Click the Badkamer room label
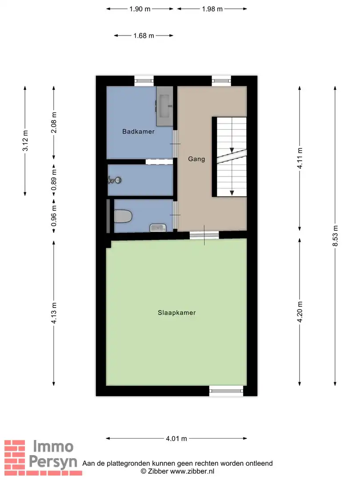pos(139,132)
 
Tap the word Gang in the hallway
pos(196,159)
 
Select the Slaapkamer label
pos(176,313)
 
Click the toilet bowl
pos(124,216)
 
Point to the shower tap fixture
pos(114,180)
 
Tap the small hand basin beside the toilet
pos(158,228)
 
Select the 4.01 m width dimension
pos(176,439)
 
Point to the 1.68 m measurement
pos(144,36)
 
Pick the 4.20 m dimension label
pos(300,313)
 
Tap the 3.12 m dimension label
pos(25,140)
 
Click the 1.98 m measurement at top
pos(212,9)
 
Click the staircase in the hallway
pos(231,156)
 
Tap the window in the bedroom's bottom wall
pos(226,391)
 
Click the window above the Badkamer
pos(144,81)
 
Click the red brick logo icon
pos(15,454)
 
